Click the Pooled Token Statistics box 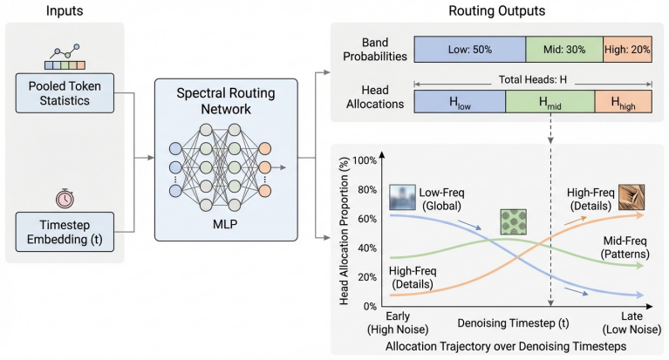pyautogui.click(x=65, y=93)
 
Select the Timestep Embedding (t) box pyautogui.click(x=65, y=232)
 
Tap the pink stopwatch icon pyautogui.click(x=65, y=199)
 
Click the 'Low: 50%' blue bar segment pyautogui.click(x=470, y=50)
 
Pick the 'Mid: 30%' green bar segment pyautogui.click(x=564, y=50)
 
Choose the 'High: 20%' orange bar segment pyautogui.click(x=627, y=50)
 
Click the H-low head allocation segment pyautogui.click(x=460, y=101)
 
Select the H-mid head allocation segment pyautogui.click(x=550, y=101)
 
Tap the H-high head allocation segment pyautogui.click(x=624, y=101)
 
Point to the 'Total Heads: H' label pyautogui.click(x=533, y=80)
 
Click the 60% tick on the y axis pyautogui.click(x=367, y=219)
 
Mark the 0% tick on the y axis pyautogui.click(x=370, y=306)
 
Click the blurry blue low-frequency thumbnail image pyautogui.click(x=402, y=197)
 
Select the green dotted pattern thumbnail pyautogui.click(x=513, y=221)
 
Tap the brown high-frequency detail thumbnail pyautogui.click(x=631, y=197)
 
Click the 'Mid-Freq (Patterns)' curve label pyautogui.click(x=625, y=248)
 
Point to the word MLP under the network pyautogui.click(x=225, y=224)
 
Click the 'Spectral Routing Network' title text pyautogui.click(x=226, y=101)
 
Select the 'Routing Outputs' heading pyautogui.click(x=496, y=10)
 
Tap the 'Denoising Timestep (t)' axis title pyautogui.click(x=513, y=323)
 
